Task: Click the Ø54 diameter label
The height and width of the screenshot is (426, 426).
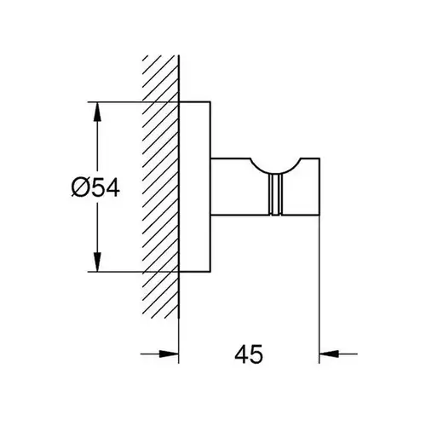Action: (x=95, y=187)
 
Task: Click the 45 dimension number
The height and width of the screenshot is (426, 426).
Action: (x=249, y=354)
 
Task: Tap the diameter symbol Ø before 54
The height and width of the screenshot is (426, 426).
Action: (x=80, y=187)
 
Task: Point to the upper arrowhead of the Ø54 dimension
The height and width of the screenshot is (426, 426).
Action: (x=97, y=112)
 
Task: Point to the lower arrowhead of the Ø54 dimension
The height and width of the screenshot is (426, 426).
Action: (x=97, y=262)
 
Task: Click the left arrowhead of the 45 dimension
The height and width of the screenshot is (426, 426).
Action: (x=169, y=354)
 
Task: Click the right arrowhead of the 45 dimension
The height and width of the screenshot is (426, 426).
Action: (x=330, y=354)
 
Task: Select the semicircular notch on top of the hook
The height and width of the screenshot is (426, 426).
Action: (x=275, y=170)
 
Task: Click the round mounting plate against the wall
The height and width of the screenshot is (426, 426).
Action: (x=195, y=187)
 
